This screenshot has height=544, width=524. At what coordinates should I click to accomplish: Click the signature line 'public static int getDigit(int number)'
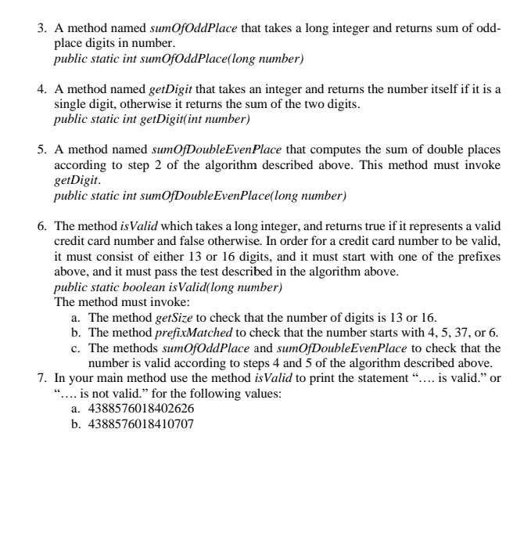152,119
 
